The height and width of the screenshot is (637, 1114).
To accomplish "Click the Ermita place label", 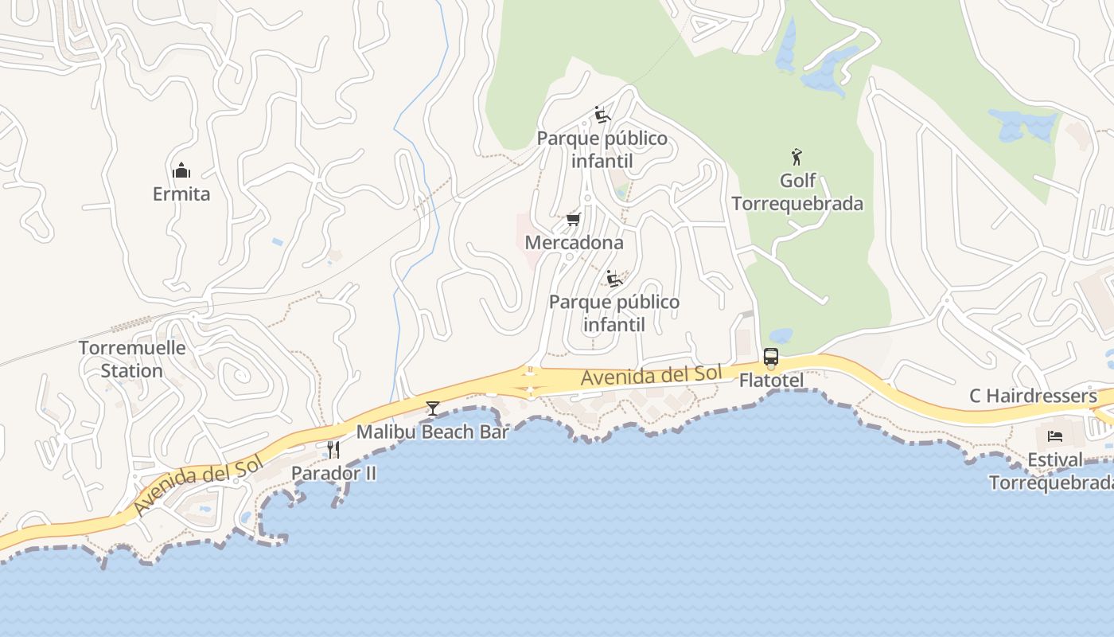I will point(181,193).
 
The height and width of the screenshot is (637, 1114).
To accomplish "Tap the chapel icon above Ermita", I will point(181,170).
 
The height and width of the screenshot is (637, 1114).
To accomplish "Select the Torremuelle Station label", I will point(132,359).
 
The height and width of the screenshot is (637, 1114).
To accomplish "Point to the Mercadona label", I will point(574,242).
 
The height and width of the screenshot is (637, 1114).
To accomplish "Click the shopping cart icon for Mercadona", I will point(573,219).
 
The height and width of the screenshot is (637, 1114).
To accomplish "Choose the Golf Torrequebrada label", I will point(797,192).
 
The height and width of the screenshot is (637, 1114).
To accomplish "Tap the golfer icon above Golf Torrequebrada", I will point(797,157).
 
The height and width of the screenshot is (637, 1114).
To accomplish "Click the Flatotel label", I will point(771,381).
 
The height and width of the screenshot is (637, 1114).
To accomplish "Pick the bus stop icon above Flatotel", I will point(771,357).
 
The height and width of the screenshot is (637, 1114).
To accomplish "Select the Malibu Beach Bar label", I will point(432,432).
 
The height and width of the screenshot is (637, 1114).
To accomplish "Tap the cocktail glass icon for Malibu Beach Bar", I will point(433,408).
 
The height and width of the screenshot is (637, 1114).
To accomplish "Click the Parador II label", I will point(333,473).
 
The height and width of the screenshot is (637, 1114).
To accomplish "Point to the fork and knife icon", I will point(333,450).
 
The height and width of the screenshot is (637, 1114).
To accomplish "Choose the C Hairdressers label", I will point(1033,396).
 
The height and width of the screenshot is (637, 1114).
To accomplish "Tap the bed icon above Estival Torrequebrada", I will point(1055,436).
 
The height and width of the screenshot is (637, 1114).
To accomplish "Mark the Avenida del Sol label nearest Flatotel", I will point(651,375).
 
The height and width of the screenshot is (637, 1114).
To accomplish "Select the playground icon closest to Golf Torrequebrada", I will point(602,115).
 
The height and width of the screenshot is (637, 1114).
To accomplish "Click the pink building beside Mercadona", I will point(531,231).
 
